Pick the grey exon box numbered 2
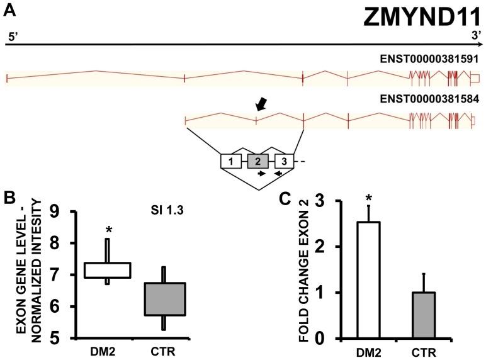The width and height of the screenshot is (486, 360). [257, 161]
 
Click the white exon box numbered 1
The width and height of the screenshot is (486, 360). [231, 161]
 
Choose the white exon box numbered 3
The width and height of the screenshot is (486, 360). [285, 161]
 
